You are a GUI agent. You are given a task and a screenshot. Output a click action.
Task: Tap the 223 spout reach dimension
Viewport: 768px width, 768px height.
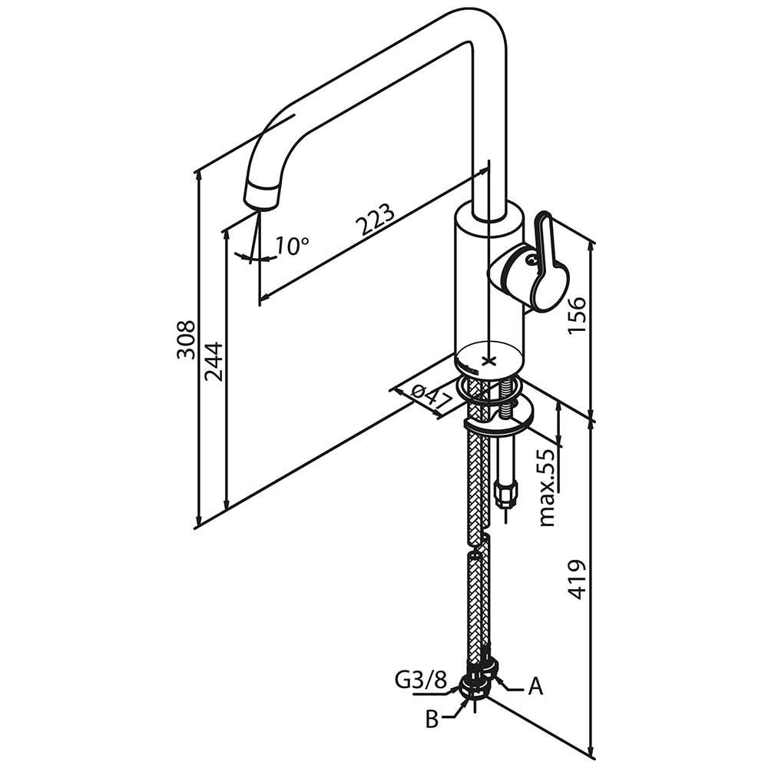[376, 220]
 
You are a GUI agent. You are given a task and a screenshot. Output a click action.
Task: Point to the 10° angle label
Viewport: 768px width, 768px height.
[291, 246]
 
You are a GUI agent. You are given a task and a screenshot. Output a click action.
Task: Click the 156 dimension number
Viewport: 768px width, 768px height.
[577, 313]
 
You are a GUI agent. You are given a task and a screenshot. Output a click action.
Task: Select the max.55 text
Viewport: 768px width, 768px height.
[547, 488]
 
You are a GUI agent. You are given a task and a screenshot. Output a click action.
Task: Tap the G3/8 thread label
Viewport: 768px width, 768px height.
[421, 680]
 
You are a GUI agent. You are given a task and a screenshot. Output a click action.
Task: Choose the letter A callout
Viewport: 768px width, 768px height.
[535, 686]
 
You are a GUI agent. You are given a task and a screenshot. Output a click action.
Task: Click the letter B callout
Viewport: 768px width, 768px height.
[432, 720]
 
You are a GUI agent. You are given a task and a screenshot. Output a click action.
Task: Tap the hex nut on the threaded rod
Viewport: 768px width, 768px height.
[506, 491]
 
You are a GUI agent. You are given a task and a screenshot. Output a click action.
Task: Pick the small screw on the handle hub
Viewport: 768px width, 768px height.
[530, 260]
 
